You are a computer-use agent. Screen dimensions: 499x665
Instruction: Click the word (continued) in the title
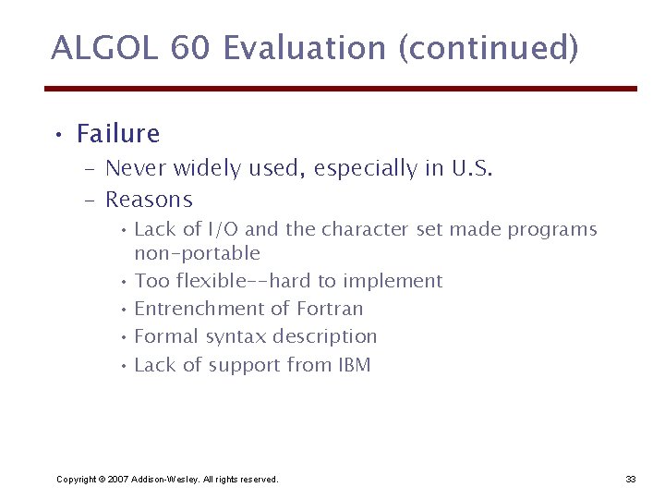coord(489,48)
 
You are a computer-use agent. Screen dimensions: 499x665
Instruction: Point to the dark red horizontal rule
coord(341,89)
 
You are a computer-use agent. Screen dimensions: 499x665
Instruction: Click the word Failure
coord(118,134)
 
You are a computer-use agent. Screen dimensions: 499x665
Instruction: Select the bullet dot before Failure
coord(57,136)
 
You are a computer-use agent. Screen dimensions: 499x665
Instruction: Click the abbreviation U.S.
coord(472,168)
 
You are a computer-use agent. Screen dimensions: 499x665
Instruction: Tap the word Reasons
coord(149,200)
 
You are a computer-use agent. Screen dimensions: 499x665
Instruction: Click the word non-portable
coord(197,253)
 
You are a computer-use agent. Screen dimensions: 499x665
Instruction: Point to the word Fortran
coord(330,309)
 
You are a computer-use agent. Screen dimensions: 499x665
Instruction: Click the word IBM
coord(353,365)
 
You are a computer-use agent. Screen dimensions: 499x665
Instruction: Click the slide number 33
coord(631,479)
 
